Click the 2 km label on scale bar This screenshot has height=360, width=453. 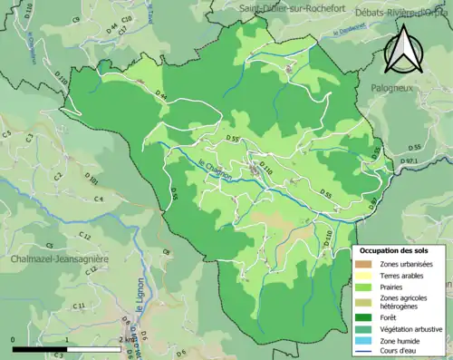125,339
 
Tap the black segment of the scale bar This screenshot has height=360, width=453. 39,348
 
